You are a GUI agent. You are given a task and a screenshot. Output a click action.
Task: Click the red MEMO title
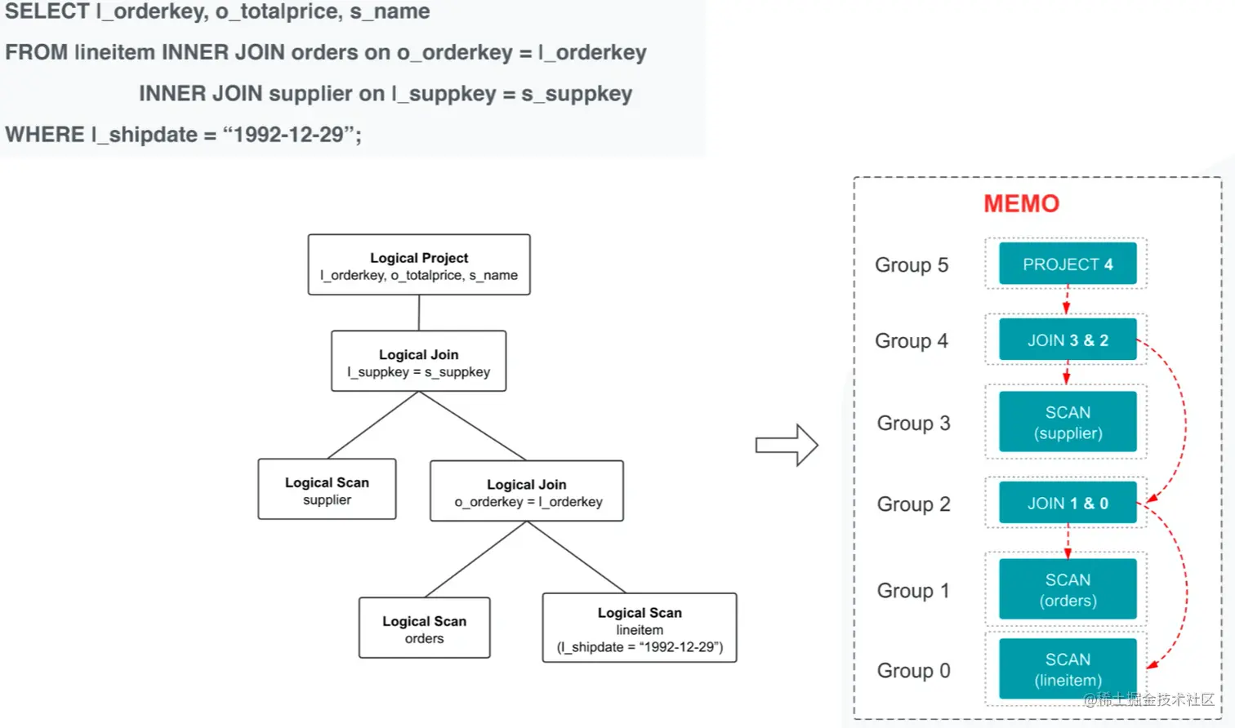click(x=1021, y=204)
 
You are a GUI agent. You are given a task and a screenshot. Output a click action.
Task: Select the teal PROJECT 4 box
click(x=1068, y=264)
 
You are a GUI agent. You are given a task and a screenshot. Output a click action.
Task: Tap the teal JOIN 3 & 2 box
click(x=1068, y=340)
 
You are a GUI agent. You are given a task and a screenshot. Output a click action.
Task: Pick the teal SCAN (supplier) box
click(x=1068, y=422)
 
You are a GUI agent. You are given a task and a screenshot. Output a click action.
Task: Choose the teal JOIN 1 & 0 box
click(x=1068, y=504)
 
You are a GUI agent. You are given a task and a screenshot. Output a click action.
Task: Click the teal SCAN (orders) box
click(x=1068, y=589)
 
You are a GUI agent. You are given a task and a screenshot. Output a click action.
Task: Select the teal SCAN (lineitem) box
click(x=1068, y=669)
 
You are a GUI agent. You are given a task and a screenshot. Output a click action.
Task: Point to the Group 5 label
click(x=912, y=265)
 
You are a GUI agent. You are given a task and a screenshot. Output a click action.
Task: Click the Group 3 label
click(x=913, y=424)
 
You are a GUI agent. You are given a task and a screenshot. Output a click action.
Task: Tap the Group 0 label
click(x=913, y=671)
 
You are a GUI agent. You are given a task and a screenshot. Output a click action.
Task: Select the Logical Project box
click(x=419, y=265)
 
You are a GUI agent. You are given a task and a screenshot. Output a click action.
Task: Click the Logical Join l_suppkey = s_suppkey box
click(x=418, y=362)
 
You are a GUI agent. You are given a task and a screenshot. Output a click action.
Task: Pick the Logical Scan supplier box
click(x=327, y=490)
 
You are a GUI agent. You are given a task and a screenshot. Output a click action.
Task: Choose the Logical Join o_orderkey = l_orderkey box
click(x=527, y=491)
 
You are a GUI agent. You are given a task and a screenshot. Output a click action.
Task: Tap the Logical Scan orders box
click(x=424, y=628)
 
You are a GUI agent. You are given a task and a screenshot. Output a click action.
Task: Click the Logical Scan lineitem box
click(x=640, y=628)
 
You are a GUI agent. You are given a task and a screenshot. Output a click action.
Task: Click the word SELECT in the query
click(x=47, y=11)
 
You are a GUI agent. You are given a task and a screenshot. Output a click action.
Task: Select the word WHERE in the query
click(x=45, y=135)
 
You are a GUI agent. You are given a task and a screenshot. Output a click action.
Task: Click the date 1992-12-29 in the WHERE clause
click(x=288, y=135)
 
